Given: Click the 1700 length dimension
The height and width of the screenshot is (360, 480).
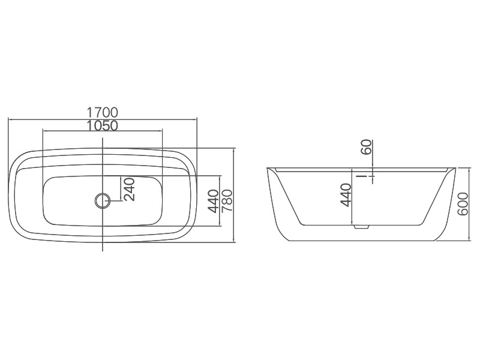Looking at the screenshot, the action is coord(102,112).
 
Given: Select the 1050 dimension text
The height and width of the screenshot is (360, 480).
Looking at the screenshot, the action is coord(102,125).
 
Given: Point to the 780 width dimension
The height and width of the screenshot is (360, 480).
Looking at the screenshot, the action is coord(227,201).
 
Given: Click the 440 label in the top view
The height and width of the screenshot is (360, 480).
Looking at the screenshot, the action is coord(214,201).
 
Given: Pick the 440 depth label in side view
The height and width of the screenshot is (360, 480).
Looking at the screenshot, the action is coord(346,195).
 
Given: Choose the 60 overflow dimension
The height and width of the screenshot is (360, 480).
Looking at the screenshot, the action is coord(366,147).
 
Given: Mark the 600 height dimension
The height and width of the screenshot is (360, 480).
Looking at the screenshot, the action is coord(463,204).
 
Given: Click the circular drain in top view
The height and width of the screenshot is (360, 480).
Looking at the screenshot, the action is coord(102,201).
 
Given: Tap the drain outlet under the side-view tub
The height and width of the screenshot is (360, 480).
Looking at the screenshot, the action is coord(362,227).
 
